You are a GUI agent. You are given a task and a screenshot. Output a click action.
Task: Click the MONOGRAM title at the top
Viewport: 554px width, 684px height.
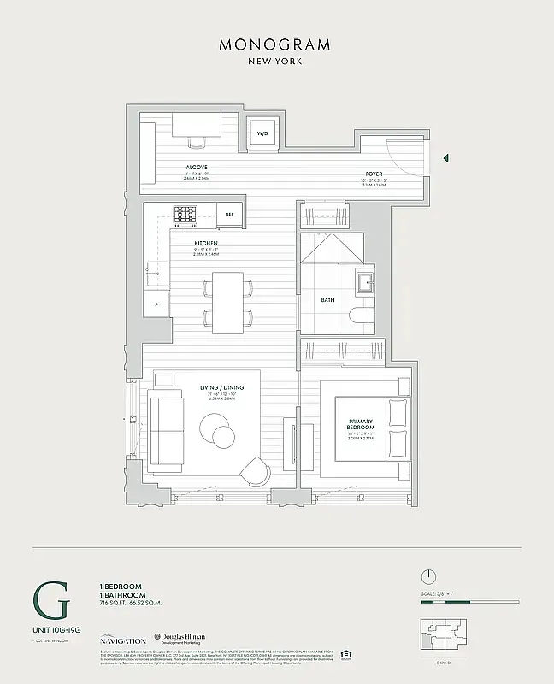[x=276, y=44]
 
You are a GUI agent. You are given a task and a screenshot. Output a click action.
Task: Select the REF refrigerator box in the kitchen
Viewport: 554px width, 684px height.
[x=229, y=215]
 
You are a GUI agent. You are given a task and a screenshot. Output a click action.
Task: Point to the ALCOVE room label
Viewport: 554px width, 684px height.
[x=197, y=167]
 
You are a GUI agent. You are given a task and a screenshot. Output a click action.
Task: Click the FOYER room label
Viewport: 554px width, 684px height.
[x=374, y=174]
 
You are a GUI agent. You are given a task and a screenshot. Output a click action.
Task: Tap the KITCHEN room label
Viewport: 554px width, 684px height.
[x=207, y=244]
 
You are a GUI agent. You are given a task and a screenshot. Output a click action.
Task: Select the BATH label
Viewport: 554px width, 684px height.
[x=328, y=300]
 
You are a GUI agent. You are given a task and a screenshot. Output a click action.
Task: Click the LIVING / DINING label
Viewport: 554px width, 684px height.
[x=222, y=388]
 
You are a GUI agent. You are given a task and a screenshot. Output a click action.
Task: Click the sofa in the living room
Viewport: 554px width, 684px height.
[x=165, y=431]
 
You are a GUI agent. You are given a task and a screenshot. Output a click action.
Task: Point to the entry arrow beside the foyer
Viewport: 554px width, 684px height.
[x=445, y=157]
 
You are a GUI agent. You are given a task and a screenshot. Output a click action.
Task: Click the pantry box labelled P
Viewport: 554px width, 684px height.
[x=156, y=304]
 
